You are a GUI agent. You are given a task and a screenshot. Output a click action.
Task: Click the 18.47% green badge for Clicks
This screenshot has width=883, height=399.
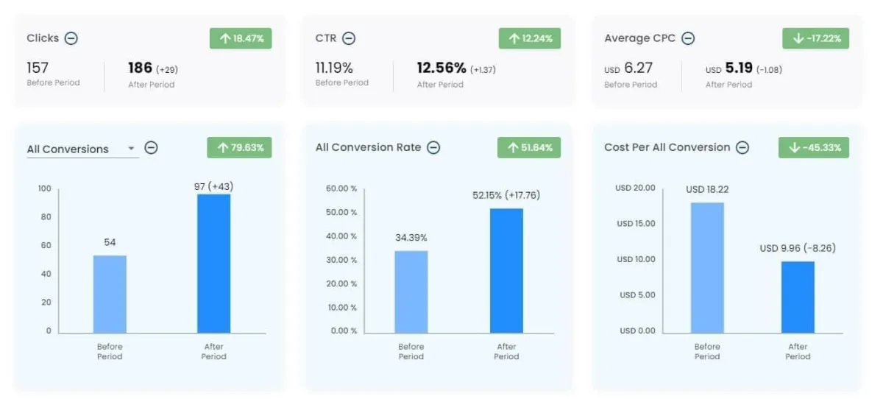pos(241,38)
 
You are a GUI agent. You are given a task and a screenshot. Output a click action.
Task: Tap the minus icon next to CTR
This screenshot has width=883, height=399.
pos(349,38)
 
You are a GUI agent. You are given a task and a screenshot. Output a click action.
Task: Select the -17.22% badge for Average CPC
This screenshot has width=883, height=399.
pos(815,38)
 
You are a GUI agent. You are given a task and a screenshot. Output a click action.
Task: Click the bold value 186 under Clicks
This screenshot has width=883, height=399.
pos(140,68)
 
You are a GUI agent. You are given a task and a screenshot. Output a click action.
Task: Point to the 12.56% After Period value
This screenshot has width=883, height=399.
pos(441,68)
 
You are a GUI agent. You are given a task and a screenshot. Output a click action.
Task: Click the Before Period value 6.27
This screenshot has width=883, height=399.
pos(638,68)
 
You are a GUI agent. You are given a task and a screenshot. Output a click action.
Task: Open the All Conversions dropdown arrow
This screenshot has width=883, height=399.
pos(131,149)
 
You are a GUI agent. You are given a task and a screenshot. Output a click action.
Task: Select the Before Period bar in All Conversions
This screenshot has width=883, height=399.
pos(110,294)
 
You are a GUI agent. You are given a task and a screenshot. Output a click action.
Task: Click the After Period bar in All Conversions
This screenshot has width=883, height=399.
pos(214,263)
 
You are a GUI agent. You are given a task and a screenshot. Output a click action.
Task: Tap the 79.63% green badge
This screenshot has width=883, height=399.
pos(239,147)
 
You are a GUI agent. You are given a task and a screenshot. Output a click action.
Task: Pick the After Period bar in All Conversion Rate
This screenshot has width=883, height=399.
pos(506,270)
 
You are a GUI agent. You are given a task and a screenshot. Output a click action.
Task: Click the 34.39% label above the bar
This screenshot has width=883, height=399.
pos(411,238)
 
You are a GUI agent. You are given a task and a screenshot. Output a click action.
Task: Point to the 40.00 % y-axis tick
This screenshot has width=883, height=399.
pos(341,236)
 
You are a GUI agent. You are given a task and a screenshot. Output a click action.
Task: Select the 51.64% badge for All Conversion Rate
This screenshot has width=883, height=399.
pos(529,147)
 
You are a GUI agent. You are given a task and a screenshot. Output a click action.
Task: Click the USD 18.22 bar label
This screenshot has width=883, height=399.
pos(707,189)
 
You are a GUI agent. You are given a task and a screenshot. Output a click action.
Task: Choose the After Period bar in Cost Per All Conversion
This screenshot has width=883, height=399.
pos(798,297)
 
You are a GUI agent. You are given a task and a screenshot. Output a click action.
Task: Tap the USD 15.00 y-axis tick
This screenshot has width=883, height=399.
pos(636,224)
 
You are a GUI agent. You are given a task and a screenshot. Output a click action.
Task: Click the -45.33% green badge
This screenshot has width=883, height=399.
pos(813,147)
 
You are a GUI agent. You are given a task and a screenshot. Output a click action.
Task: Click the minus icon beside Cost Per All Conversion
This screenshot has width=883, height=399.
pos(742,147)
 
